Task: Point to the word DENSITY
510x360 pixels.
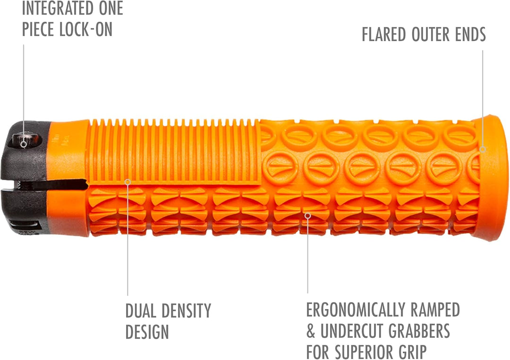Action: point(187,310)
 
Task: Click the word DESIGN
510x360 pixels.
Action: point(147,332)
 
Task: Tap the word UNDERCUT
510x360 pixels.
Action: point(352,331)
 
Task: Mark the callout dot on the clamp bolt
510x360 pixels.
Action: point(24,144)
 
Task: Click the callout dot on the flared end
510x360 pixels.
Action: point(483,150)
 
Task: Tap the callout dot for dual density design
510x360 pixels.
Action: point(128,182)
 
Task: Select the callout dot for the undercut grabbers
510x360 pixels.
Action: point(308,216)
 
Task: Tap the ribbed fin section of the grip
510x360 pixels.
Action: point(175,151)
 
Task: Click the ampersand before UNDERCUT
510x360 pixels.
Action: point(311,331)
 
